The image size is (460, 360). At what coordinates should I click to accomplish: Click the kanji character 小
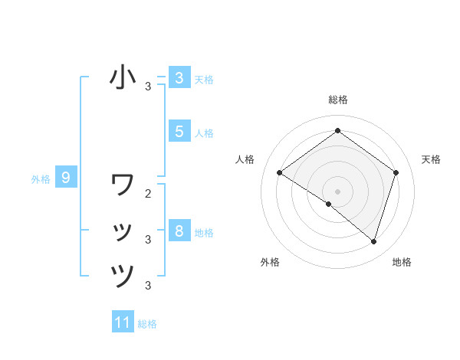tap(123, 77)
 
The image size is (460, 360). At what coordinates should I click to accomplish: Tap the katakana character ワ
tap(123, 185)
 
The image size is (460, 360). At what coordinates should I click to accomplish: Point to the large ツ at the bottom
tap(123, 275)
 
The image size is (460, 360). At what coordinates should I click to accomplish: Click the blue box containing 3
tap(179, 77)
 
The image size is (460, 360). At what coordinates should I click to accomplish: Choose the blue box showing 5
tap(179, 131)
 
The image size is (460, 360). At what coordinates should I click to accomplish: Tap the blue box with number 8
tap(179, 231)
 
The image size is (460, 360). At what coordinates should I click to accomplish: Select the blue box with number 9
tap(66, 178)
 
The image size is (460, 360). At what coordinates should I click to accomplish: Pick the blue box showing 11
tap(123, 322)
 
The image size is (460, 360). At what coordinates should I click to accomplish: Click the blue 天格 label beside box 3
tap(204, 79)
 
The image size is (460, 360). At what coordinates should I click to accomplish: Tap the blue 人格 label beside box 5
tap(204, 133)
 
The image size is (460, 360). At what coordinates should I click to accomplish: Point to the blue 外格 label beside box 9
tap(41, 180)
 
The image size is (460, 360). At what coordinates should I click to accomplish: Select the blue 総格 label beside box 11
tap(147, 324)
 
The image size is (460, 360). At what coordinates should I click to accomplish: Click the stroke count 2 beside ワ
tap(148, 194)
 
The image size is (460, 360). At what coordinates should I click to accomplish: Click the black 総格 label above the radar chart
tap(338, 100)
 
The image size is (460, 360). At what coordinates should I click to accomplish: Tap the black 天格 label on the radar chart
tap(432, 159)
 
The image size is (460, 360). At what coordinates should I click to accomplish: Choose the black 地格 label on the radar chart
tap(402, 262)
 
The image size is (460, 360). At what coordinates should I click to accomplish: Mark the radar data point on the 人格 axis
tap(280, 173)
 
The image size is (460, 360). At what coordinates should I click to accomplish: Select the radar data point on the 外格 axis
tap(329, 205)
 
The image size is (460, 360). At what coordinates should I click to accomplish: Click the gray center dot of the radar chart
tap(338, 191)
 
